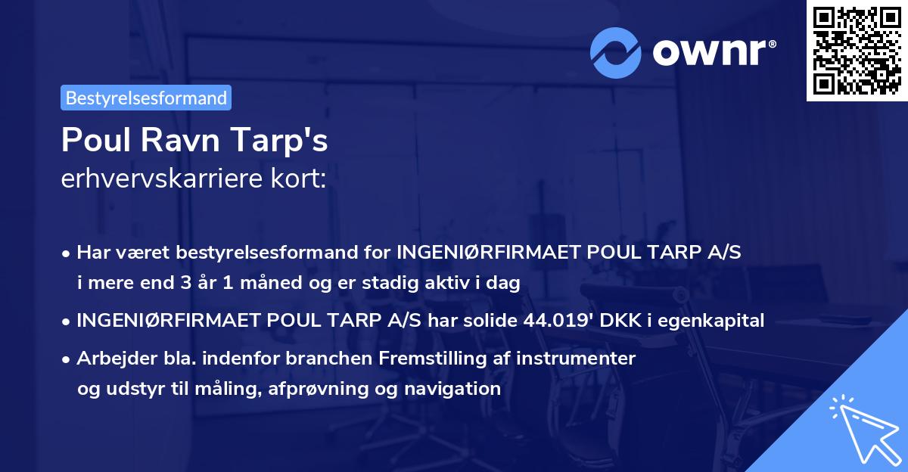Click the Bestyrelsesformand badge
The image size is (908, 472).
pyautogui.click(x=145, y=98)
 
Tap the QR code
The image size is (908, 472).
pyautogui.click(x=856, y=50)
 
